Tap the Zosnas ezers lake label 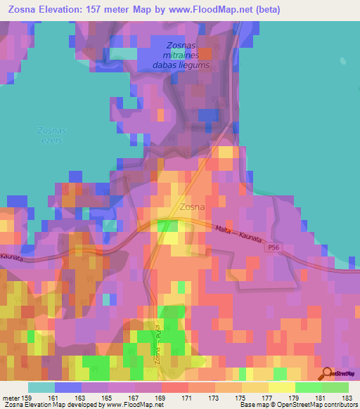tap(50, 136)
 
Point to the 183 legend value tap(349, 397)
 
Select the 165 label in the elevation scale tap(108, 397)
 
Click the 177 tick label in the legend tap(269, 397)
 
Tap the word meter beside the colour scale tap(10, 397)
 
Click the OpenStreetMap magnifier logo tap(326, 374)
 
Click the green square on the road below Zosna tap(167, 226)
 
